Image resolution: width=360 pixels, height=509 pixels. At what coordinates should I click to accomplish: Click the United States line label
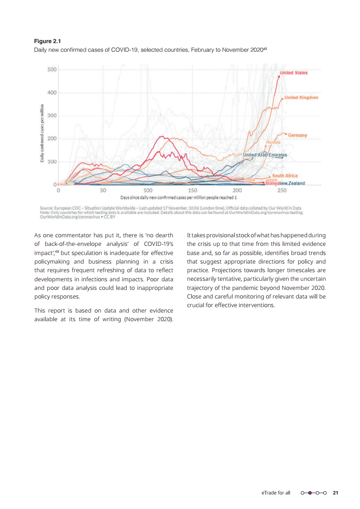coord(293,73)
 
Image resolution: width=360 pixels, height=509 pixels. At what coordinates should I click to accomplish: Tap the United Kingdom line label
coord(301,98)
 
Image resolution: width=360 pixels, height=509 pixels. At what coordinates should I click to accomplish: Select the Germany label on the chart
coord(297,135)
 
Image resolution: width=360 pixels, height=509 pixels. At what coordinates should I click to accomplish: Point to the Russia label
coord(273,142)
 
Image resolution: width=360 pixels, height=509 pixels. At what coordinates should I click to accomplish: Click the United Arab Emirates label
coord(265,155)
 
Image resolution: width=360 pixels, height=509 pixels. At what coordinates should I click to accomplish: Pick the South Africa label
coord(285,176)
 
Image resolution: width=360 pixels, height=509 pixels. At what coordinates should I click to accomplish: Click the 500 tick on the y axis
coord(51,69)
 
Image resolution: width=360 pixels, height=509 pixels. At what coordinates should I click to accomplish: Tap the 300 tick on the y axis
coord(51,116)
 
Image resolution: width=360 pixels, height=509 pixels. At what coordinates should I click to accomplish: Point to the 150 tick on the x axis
coord(192,191)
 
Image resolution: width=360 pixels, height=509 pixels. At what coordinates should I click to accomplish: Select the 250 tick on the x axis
coord(282,191)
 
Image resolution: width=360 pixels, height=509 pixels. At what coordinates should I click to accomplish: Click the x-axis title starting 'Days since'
coord(178,198)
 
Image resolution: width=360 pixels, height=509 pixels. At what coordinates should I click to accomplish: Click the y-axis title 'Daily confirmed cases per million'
coord(42,133)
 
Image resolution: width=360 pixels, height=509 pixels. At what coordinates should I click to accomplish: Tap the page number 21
coord(335,492)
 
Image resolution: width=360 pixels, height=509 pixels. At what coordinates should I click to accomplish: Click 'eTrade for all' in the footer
coord(276,492)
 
